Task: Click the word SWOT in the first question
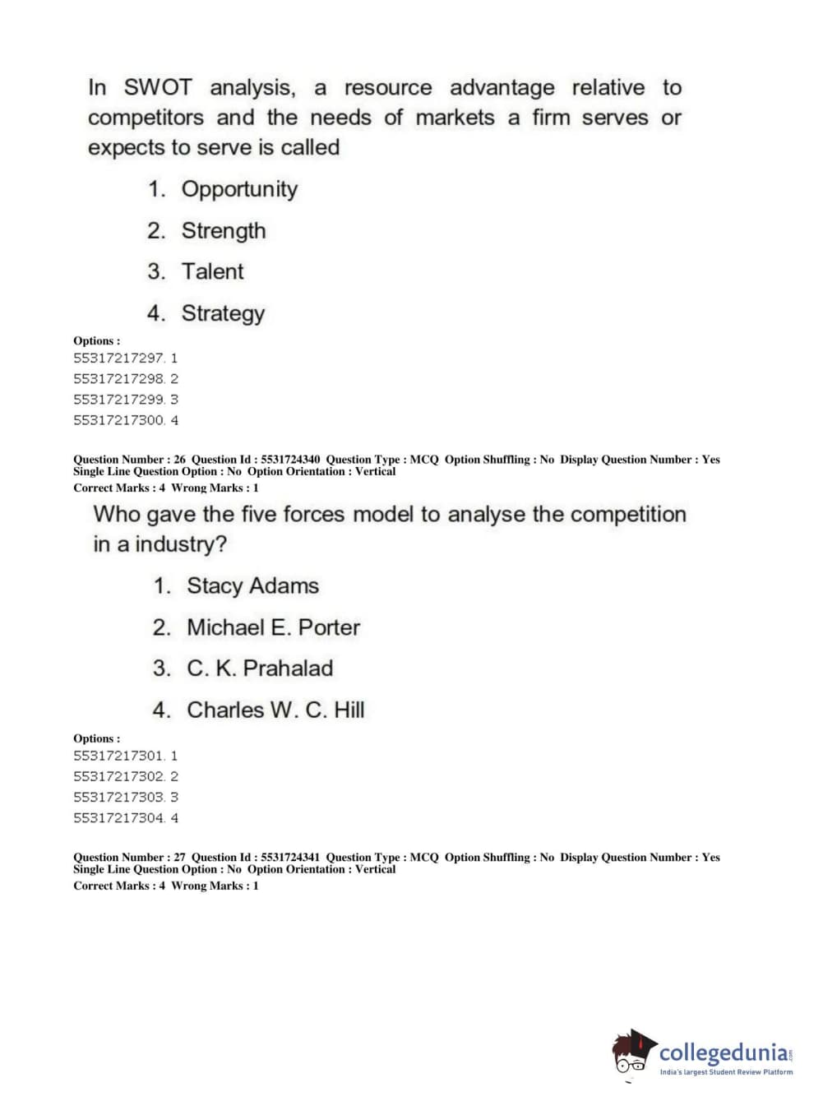pyautogui.click(x=158, y=87)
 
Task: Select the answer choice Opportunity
pyautogui.click(x=239, y=189)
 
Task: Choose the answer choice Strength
pyautogui.click(x=224, y=230)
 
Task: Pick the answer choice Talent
pyautogui.click(x=212, y=271)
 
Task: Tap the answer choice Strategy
pyautogui.click(x=223, y=313)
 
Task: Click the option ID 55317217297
pyautogui.click(x=119, y=359)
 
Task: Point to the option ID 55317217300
pyautogui.click(x=119, y=420)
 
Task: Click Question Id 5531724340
pyautogui.click(x=290, y=460)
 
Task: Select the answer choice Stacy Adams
pyautogui.click(x=252, y=586)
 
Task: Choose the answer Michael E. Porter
pyautogui.click(x=273, y=627)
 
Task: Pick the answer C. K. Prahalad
pyautogui.click(x=259, y=669)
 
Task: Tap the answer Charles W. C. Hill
pyautogui.click(x=275, y=710)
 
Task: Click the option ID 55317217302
pyautogui.click(x=119, y=776)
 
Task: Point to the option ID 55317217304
pyautogui.click(x=119, y=818)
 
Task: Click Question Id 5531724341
pyautogui.click(x=290, y=858)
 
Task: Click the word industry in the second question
pyautogui.click(x=180, y=544)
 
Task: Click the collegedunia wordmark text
pyautogui.click(x=724, y=1053)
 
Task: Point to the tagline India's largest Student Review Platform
pyautogui.click(x=726, y=1072)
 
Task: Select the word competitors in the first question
pyautogui.click(x=146, y=118)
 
